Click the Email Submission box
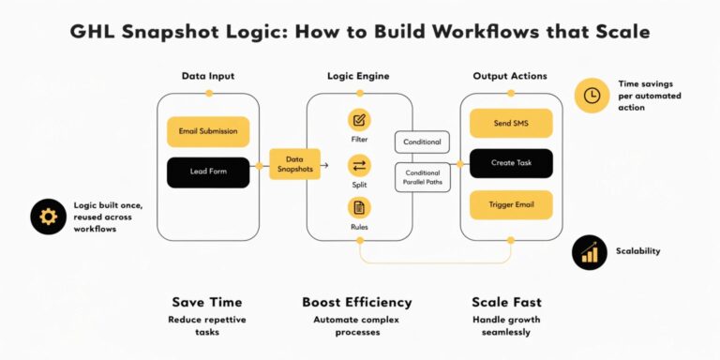[x=208, y=131]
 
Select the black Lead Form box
[x=208, y=172]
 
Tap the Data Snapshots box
[x=294, y=164]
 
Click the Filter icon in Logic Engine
[x=359, y=120]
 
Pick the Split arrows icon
[x=359, y=166]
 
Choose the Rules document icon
[x=359, y=207]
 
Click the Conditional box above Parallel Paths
[x=422, y=142]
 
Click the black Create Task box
[x=511, y=163]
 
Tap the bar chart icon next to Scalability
[x=591, y=251]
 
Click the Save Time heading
[x=206, y=303]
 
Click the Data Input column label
[x=208, y=75]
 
